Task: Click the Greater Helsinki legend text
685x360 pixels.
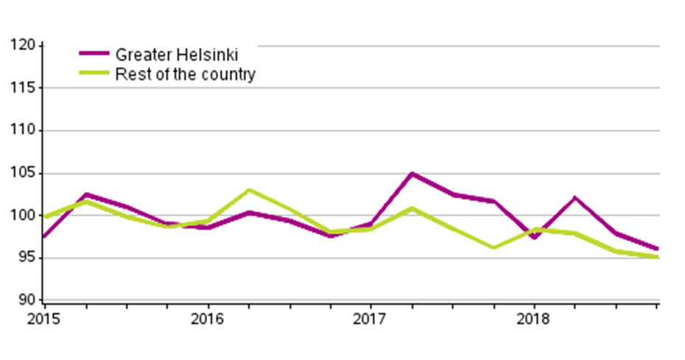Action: pyautogui.click(x=177, y=54)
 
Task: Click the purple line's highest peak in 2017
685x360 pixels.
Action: pyautogui.click(x=411, y=174)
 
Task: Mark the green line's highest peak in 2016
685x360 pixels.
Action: pyautogui.click(x=249, y=190)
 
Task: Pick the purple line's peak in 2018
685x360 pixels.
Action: pyautogui.click(x=574, y=197)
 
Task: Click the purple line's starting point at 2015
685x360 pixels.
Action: pyautogui.click(x=45, y=236)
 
